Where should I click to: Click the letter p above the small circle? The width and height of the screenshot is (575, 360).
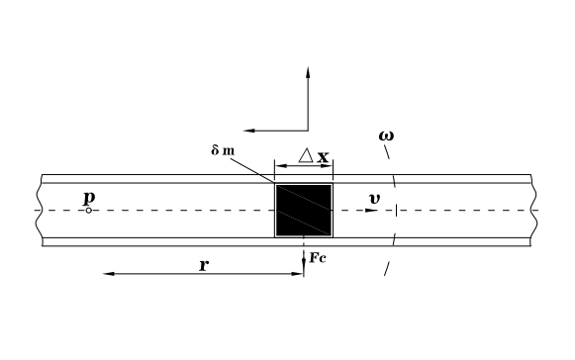point(89,198)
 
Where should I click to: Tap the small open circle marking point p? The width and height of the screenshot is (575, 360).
point(88,211)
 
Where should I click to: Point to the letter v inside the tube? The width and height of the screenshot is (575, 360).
point(373,199)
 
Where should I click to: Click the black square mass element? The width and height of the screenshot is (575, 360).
point(304,210)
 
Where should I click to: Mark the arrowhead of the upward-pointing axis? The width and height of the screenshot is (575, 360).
point(309,72)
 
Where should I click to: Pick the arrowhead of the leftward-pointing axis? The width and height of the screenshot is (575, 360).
point(248,130)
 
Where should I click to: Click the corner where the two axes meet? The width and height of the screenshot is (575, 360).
point(309,130)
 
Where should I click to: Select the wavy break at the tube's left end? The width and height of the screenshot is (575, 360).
point(40,211)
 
